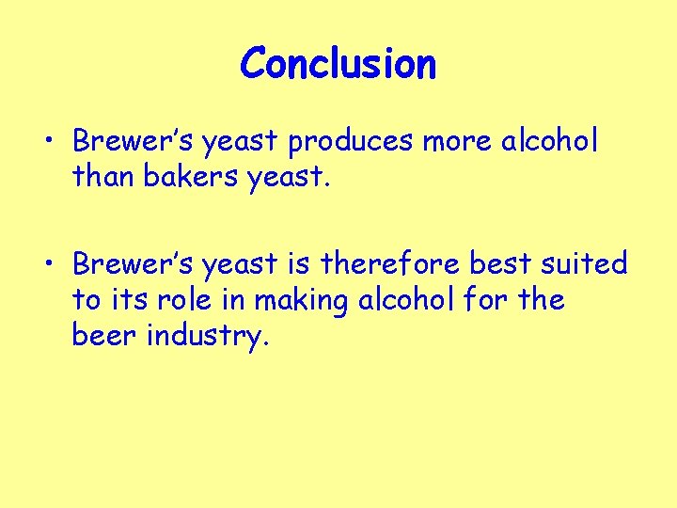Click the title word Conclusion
(338, 64)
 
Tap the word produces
(351, 141)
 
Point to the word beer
(104, 337)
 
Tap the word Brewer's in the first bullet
(129, 141)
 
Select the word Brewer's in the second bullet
(129, 264)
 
